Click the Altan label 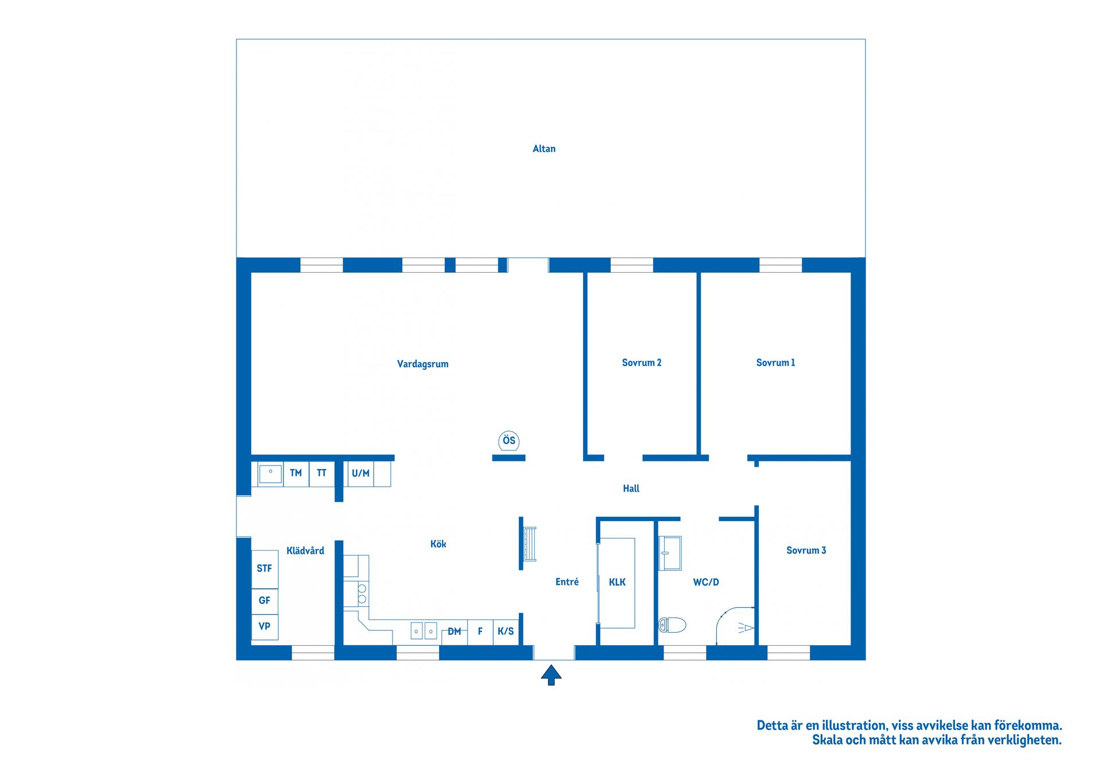click(x=544, y=149)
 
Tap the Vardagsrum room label click(x=422, y=364)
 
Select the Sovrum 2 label click(x=641, y=363)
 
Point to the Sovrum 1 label click(x=775, y=363)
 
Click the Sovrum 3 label click(x=806, y=551)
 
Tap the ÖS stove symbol click(x=509, y=441)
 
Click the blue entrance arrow click(x=551, y=675)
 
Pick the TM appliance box click(x=296, y=474)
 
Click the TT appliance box click(x=321, y=474)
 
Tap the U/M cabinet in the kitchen click(x=360, y=474)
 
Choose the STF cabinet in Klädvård click(x=265, y=569)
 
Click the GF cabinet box click(x=265, y=601)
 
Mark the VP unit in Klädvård click(x=265, y=627)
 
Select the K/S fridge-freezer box click(x=506, y=631)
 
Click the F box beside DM click(x=480, y=631)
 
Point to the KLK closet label click(x=617, y=583)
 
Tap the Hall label click(x=631, y=489)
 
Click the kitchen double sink click(x=424, y=631)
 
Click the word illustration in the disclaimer click(x=853, y=726)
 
